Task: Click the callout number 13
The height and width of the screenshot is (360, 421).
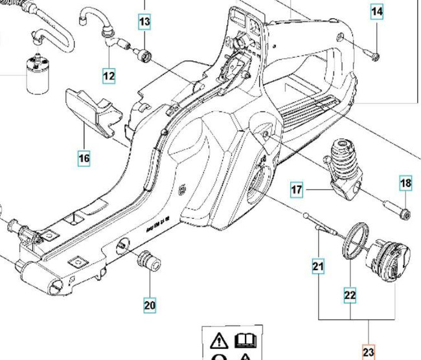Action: [x=144, y=22]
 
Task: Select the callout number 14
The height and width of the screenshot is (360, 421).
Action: [x=377, y=12]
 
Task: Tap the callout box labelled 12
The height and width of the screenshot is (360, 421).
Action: [x=108, y=76]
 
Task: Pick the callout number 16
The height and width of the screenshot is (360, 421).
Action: [x=84, y=157]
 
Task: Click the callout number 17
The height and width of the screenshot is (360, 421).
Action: [x=297, y=190]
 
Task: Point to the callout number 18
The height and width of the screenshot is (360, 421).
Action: [x=405, y=184]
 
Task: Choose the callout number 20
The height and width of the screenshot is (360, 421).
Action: [x=150, y=305]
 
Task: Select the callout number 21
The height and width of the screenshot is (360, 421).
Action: [x=318, y=265]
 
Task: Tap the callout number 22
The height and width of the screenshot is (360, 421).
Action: [x=350, y=295]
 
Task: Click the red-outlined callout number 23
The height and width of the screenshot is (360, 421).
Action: [x=369, y=352]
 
